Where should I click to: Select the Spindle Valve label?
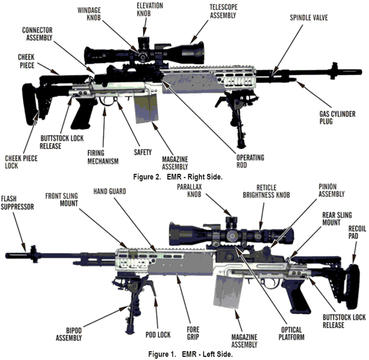point(308,17)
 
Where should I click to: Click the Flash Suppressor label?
point(17,203)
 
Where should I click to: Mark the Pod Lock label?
point(157,335)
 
